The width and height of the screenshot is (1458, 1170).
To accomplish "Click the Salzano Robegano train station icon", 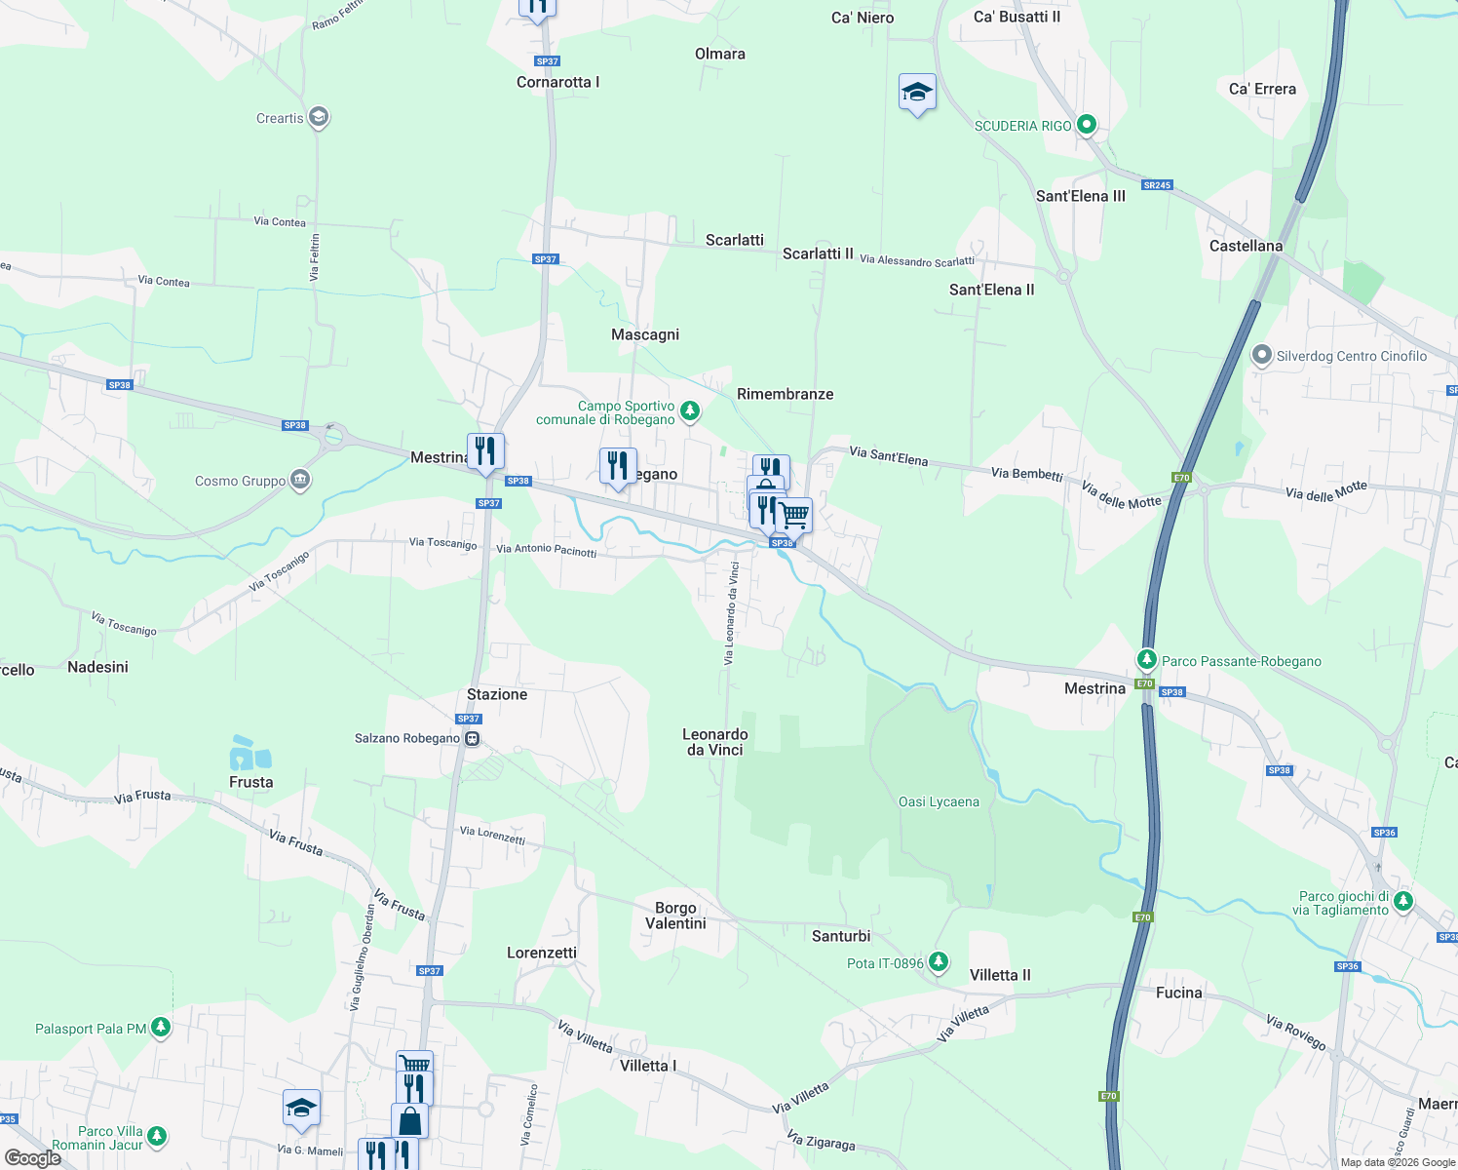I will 472,739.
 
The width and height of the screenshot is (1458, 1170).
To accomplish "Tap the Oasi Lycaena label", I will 939,802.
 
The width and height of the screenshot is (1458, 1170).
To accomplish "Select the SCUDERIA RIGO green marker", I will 1087,125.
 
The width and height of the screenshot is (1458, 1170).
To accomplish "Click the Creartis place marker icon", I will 318,118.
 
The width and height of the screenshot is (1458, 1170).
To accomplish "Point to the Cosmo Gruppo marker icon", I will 301,480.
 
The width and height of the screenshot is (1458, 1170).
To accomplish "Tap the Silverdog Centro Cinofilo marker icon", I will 1262,356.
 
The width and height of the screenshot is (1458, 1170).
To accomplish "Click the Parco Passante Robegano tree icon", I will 1147,660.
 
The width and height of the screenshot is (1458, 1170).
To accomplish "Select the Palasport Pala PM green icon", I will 161,1028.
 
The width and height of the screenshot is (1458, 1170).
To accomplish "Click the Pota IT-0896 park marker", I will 938,962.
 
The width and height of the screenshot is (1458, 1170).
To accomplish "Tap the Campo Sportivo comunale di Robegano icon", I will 690,411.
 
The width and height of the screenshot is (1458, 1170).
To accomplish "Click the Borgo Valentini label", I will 675,916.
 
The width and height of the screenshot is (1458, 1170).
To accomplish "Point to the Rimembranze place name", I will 785,394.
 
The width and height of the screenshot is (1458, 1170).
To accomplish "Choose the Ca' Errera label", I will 1262,89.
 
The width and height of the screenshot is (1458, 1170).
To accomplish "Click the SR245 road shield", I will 1157,185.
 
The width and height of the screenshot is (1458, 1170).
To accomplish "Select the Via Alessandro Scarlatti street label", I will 916,260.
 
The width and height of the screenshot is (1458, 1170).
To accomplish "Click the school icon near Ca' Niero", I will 917,94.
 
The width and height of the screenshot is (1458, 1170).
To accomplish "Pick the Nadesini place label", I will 97,667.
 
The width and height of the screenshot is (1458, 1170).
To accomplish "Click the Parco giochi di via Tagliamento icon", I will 1403,901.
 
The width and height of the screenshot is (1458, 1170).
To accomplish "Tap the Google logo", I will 32,1158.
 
